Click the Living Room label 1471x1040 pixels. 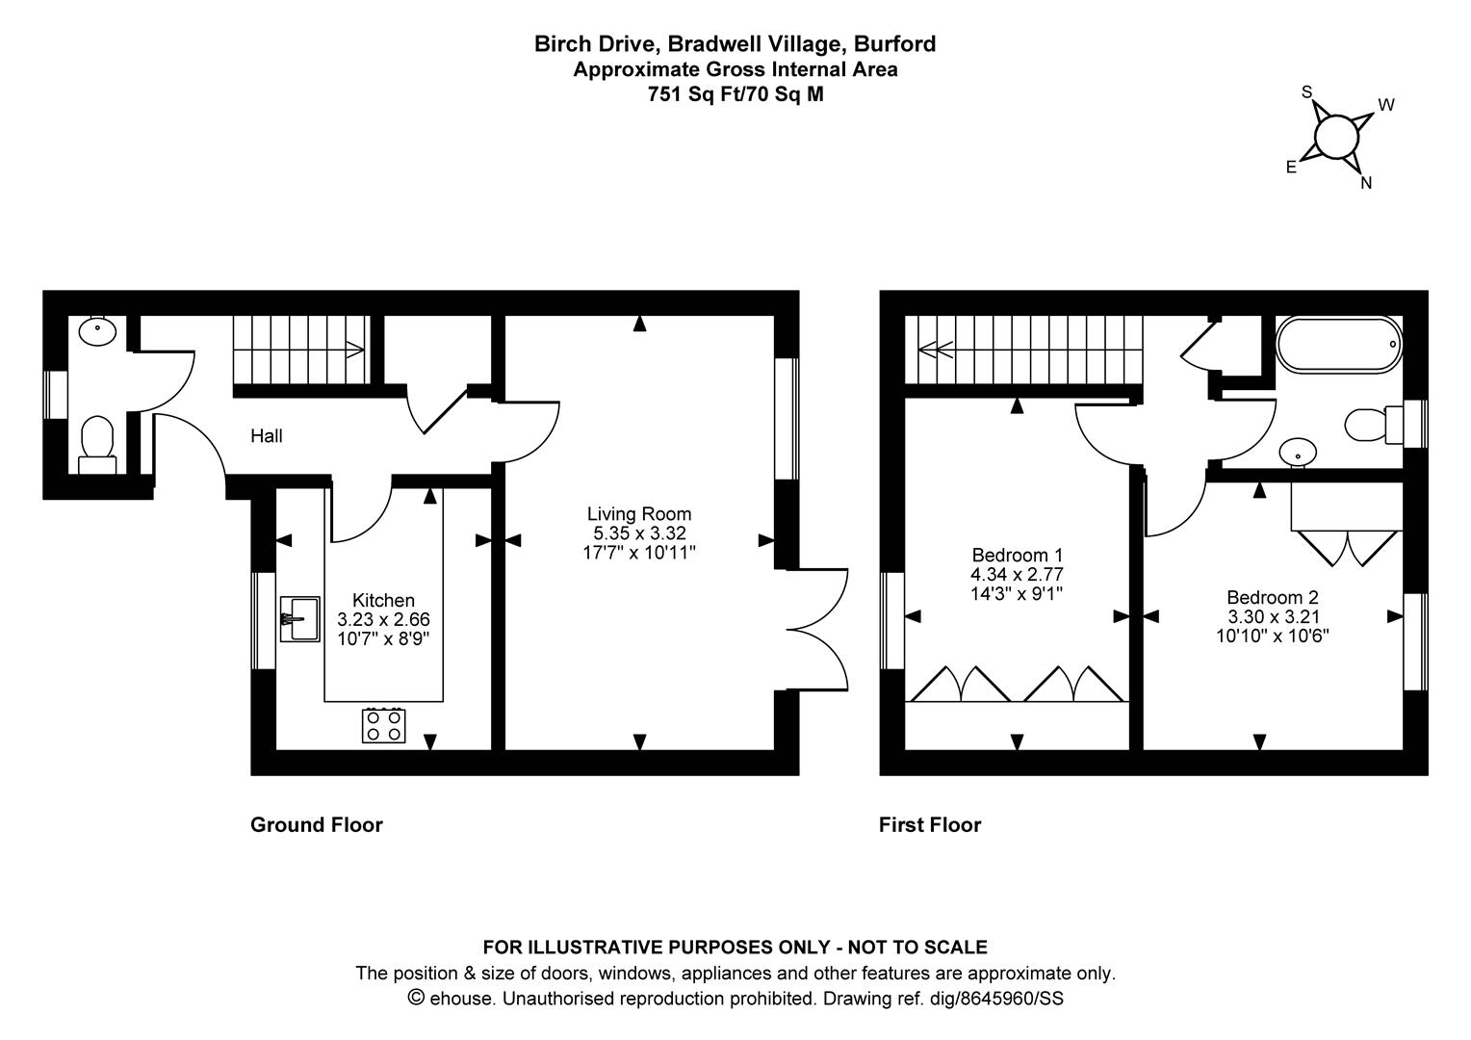[638, 514]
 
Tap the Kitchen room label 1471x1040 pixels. [383, 601]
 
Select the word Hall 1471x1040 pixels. [267, 436]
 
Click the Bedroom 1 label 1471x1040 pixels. [1017, 556]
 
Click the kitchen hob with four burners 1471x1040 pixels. [383, 724]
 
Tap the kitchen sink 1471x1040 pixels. [299, 617]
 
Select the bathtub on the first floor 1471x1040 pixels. [1338, 344]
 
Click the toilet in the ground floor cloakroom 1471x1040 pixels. [97, 447]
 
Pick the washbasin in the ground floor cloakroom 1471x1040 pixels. [97, 332]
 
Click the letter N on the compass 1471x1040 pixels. [1365, 183]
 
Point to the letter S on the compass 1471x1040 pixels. [1306, 92]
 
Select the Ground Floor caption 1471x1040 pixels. [316, 825]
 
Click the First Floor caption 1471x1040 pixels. [929, 825]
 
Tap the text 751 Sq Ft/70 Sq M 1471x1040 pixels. [735, 94]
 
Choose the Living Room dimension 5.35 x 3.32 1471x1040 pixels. [638, 533]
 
